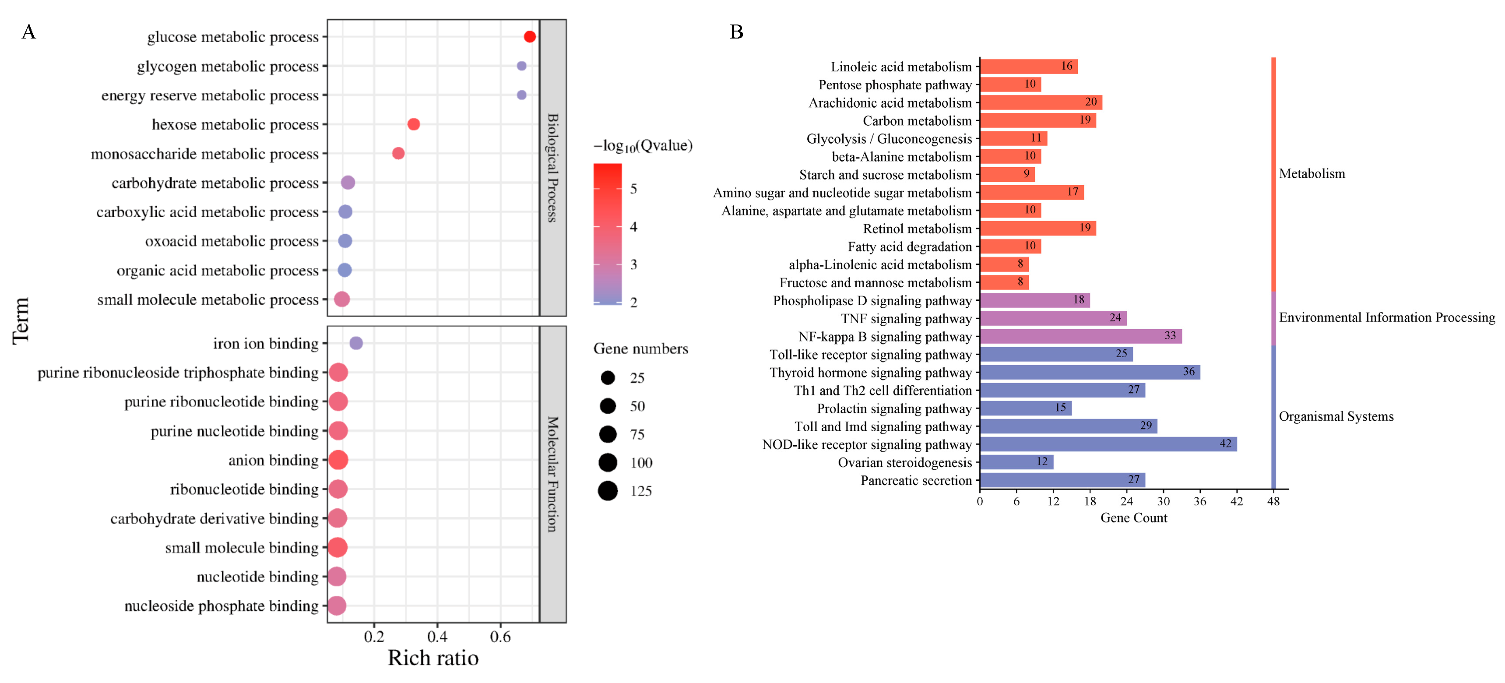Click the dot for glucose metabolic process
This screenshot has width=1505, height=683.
pyautogui.click(x=529, y=37)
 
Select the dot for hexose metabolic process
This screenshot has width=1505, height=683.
pyautogui.click(x=414, y=124)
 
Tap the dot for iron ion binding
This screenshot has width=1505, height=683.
pyautogui.click(x=356, y=343)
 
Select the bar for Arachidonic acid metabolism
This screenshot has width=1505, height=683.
pyautogui.click(x=1041, y=102)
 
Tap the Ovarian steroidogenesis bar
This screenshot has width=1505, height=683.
pyautogui.click(x=1016, y=462)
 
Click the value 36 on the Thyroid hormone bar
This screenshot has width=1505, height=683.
pyautogui.click(x=1189, y=372)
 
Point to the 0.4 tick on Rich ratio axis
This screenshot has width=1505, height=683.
pyautogui.click(x=437, y=636)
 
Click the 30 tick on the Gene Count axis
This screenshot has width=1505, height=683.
pyautogui.click(x=1163, y=501)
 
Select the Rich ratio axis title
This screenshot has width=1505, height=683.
pyautogui.click(x=433, y=658)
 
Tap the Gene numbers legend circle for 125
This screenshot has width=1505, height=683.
pyautogui.click(x=608, y=491)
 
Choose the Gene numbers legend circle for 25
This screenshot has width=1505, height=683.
pyautogui.click(x=608, y=378)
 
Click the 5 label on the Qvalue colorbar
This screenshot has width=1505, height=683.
pyautogui.click(x=633, y=189)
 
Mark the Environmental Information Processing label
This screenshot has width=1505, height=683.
pyautogui.click(x=1386, y=317)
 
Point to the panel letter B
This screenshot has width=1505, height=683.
pyautogui.click(x=736, y=32)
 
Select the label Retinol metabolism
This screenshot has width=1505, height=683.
pyautogui.click(x=917, y=229)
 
